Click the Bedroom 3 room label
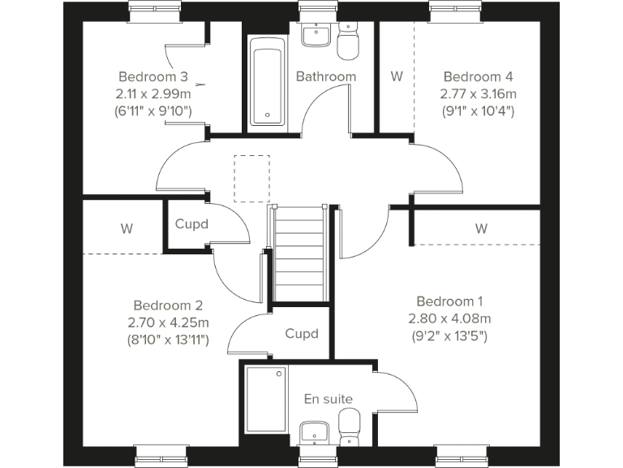153,77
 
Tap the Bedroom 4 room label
477,77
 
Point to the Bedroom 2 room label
168,305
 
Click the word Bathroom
325,77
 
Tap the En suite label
329,398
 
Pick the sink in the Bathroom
312,35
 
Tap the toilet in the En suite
349,427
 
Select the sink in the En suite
312,431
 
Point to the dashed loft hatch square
251,178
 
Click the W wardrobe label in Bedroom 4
396,77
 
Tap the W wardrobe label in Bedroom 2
127,229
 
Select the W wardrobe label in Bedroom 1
481,229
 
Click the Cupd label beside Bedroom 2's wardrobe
191,223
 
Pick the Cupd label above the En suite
301,334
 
